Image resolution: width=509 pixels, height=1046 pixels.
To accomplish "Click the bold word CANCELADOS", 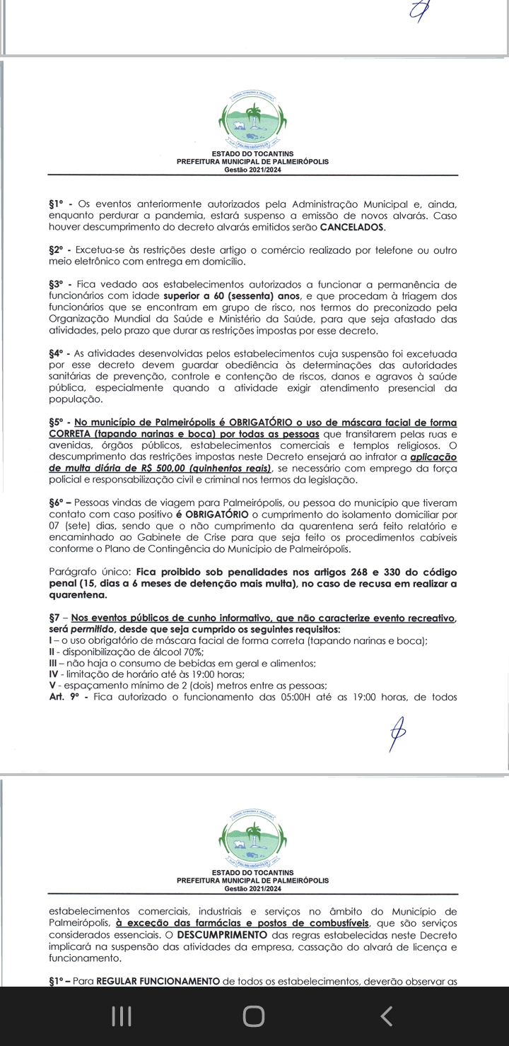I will coord(352,228).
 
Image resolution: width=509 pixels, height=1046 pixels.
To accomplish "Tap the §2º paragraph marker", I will coord(57,251).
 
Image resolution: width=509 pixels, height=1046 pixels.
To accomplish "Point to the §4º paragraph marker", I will coord(57,353).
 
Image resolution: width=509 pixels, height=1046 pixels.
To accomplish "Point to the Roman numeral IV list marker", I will coord(54,674).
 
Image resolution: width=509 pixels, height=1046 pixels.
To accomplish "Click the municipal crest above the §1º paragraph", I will coord(252,124).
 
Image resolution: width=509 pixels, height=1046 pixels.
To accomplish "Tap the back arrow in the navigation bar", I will coord(386,1016).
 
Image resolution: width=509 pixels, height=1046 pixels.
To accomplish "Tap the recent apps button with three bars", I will coord(122,1016).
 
